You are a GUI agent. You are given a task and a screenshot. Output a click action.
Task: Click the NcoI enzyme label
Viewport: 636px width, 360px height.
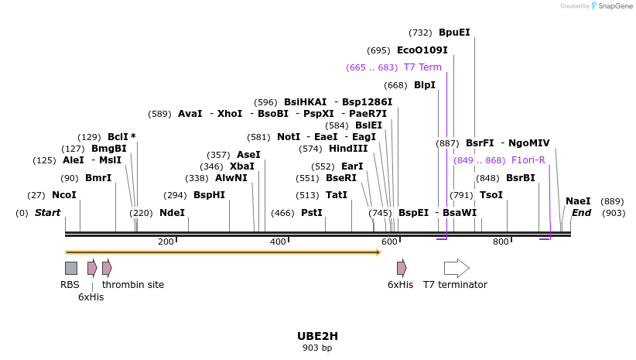pos(64,196)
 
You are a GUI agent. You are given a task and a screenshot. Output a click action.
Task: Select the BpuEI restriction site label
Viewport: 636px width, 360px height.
pos(454,33)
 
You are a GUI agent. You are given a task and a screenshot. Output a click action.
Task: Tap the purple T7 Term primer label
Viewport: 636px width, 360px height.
pos(422,67)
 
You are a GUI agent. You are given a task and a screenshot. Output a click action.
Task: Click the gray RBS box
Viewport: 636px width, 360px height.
pos(70,268)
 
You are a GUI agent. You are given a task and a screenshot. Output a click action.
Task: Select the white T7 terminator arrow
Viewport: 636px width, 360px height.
pos(456,268)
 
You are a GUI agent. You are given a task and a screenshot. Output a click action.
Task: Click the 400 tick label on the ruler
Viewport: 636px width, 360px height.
pos(278,242)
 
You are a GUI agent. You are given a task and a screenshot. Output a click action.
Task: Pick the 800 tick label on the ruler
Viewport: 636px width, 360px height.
pos(501,242)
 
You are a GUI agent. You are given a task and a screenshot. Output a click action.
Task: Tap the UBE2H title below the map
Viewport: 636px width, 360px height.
pos(317,336)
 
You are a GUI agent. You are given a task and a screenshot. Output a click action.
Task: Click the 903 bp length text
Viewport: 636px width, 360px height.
pos(317,348)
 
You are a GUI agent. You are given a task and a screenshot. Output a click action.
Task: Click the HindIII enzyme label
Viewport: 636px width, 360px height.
pos(348,149)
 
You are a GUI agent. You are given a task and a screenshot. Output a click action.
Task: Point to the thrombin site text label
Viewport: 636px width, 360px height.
pos(133,285)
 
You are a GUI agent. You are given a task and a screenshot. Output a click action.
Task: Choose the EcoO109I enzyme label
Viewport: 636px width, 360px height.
pos(422,50)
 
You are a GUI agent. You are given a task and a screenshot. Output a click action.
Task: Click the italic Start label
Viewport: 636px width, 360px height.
pos(47,213)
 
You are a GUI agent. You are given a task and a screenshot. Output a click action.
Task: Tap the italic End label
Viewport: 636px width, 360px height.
pos(581,213)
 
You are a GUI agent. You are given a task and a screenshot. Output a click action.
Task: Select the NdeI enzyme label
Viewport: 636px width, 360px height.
pos(172,213)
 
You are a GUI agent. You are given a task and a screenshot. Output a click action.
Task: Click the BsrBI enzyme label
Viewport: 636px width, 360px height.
pos(521,178)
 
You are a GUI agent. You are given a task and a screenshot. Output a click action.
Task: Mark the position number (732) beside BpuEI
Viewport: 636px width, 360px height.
pos(420,33)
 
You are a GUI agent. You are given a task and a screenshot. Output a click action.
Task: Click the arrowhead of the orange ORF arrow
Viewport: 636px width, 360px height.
pos(378,252)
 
